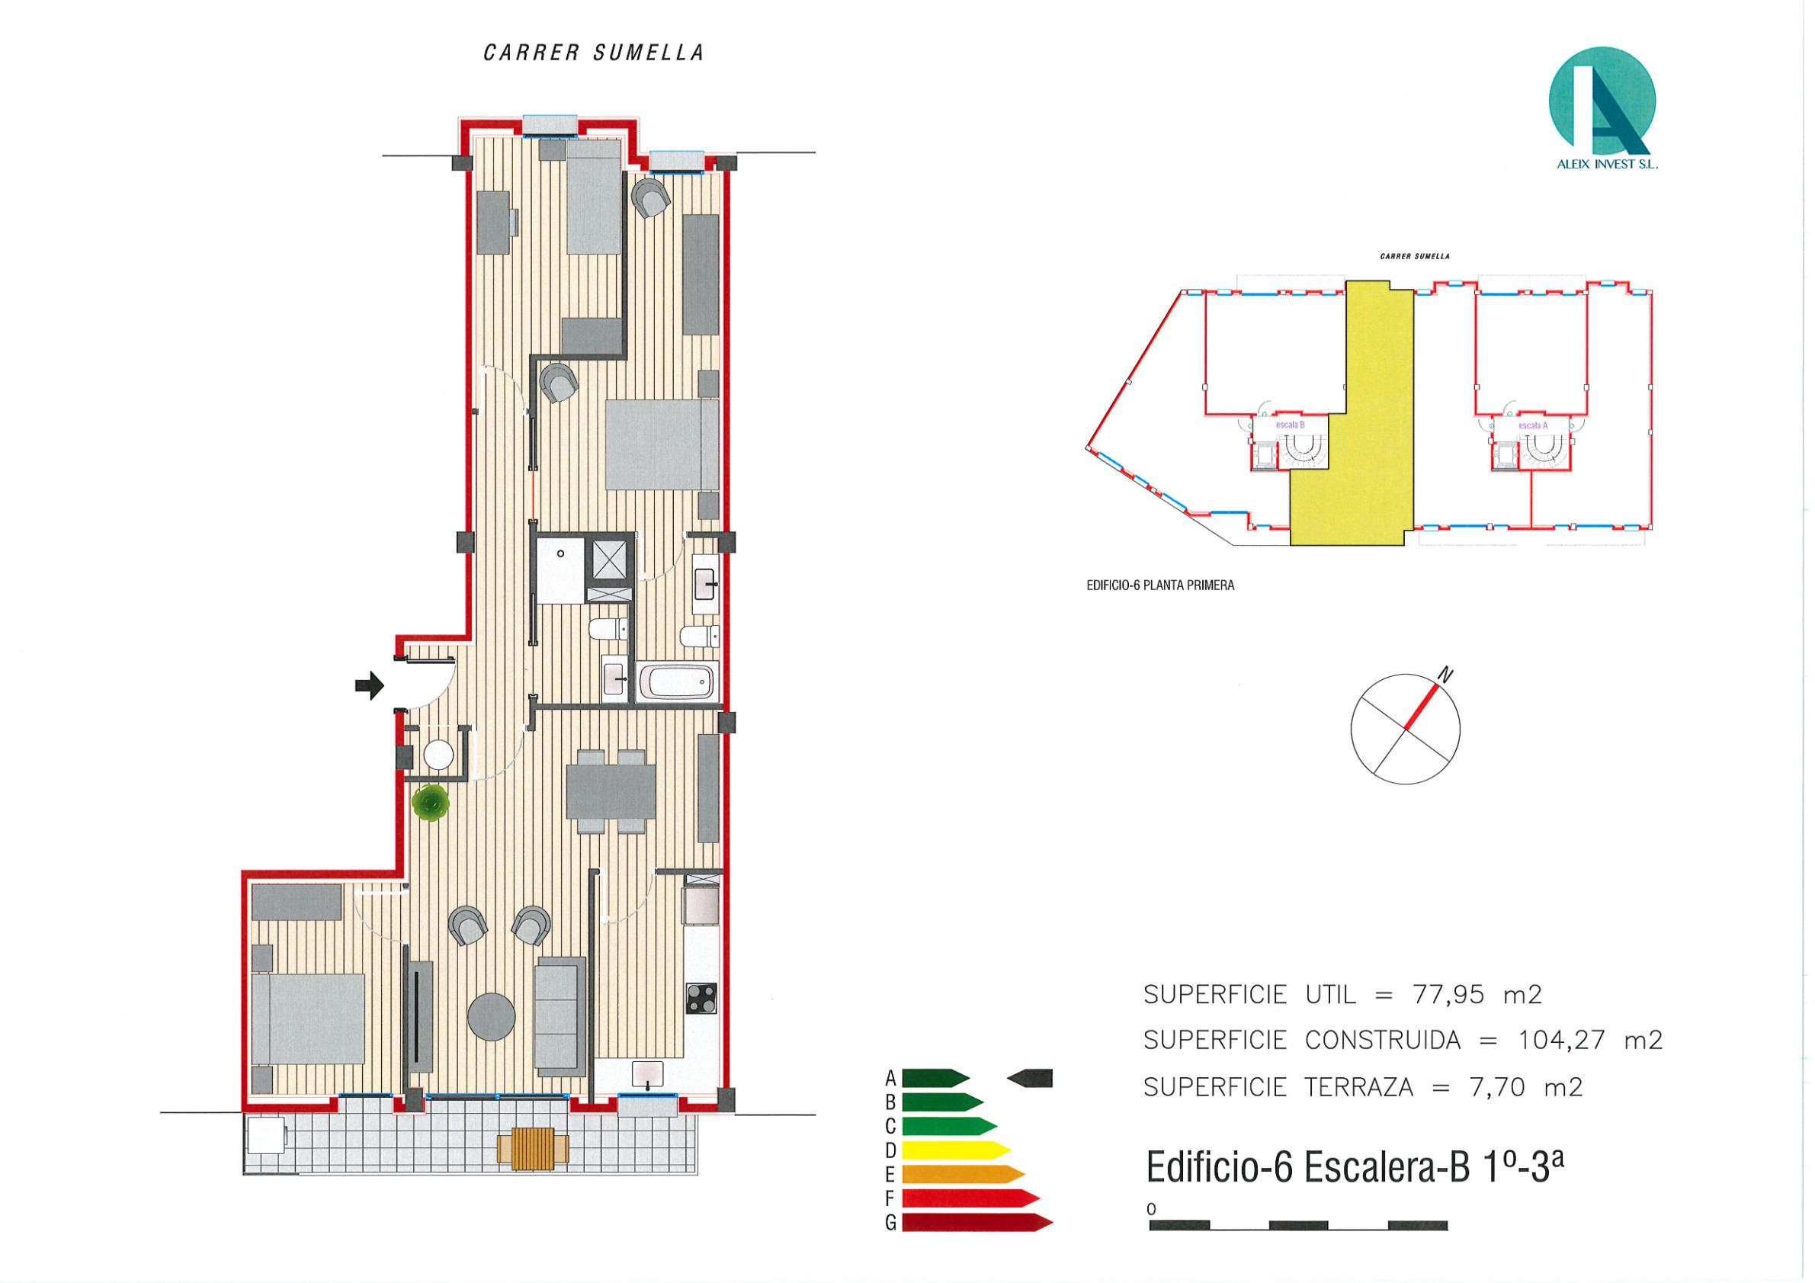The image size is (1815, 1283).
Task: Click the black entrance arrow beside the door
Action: tap(368, 685)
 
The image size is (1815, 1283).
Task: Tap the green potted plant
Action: tap(431, 804)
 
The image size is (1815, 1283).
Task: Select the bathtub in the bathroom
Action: tap(678, 682)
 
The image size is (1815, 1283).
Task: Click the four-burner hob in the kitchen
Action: tap(701, 999)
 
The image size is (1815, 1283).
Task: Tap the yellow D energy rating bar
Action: tap(955, 1150)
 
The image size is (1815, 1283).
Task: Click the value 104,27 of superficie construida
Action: tap(1562, 1041)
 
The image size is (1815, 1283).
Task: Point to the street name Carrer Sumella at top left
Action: tap(594, 53)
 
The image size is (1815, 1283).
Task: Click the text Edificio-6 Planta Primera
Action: tap(1160, 585)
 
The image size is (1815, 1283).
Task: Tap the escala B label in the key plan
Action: tap(1290, 425)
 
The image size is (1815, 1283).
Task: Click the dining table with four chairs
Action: tap(611, 792)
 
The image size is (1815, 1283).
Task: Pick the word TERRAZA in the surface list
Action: tap(1358, 1088)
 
